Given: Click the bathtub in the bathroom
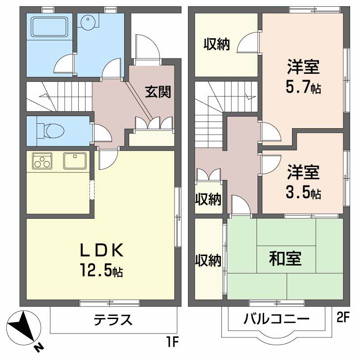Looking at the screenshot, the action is (50, 27).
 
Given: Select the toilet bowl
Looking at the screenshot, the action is (51, 131).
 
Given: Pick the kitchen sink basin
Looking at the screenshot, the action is (75, 161).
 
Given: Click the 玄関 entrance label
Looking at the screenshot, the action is (158, 92).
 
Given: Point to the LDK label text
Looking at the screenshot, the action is (102, 250).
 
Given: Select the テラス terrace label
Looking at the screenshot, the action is (113, 319).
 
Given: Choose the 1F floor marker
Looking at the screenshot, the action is (172, 343).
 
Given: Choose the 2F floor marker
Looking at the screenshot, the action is (343, 318).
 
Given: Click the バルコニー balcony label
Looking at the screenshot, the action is (276, 319).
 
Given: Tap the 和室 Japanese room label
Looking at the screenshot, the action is (285, 258).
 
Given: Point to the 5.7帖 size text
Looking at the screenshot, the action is (303, 87).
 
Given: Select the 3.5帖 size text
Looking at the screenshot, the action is (303, 193).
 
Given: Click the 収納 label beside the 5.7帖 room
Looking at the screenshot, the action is (217, 44).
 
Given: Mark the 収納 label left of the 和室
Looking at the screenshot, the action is (208, 261).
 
